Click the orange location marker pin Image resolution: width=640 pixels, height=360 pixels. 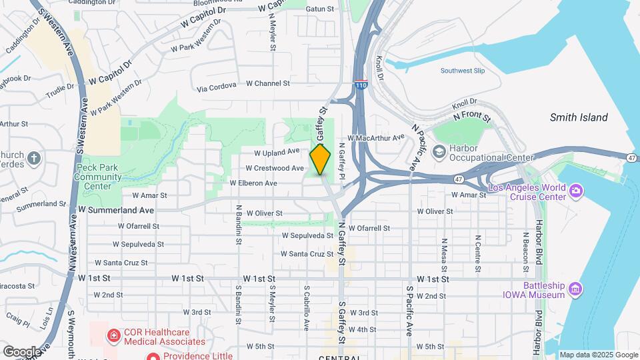coord(321,159)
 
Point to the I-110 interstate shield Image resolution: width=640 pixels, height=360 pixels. coord(361,85)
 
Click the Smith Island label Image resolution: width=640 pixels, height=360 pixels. coord(579,117)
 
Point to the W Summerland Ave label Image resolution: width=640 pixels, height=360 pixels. coord(116,209)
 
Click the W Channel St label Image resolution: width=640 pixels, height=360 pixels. coord(268,83)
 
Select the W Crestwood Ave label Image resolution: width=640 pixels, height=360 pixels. coord(275,168)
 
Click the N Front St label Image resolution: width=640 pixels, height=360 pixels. coord(471,117)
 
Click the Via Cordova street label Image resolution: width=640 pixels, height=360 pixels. coord(217,88)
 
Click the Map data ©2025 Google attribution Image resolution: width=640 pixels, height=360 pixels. coord(599,355)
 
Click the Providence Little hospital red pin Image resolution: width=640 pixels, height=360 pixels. coord(153,356)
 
